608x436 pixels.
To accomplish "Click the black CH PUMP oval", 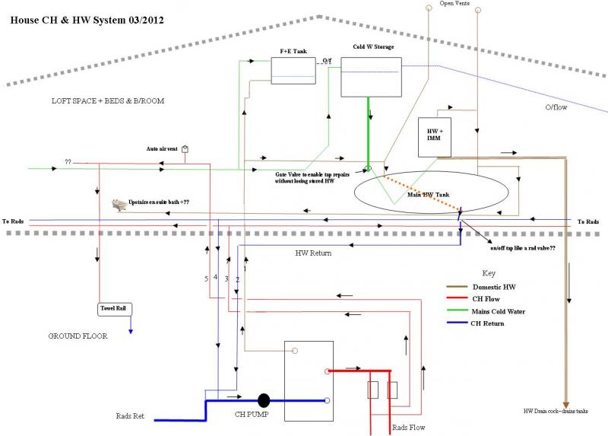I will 264,399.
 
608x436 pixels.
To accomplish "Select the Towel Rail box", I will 116,309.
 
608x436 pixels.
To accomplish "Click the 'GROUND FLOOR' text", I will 78,335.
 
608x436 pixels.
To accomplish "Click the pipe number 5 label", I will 206,279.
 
